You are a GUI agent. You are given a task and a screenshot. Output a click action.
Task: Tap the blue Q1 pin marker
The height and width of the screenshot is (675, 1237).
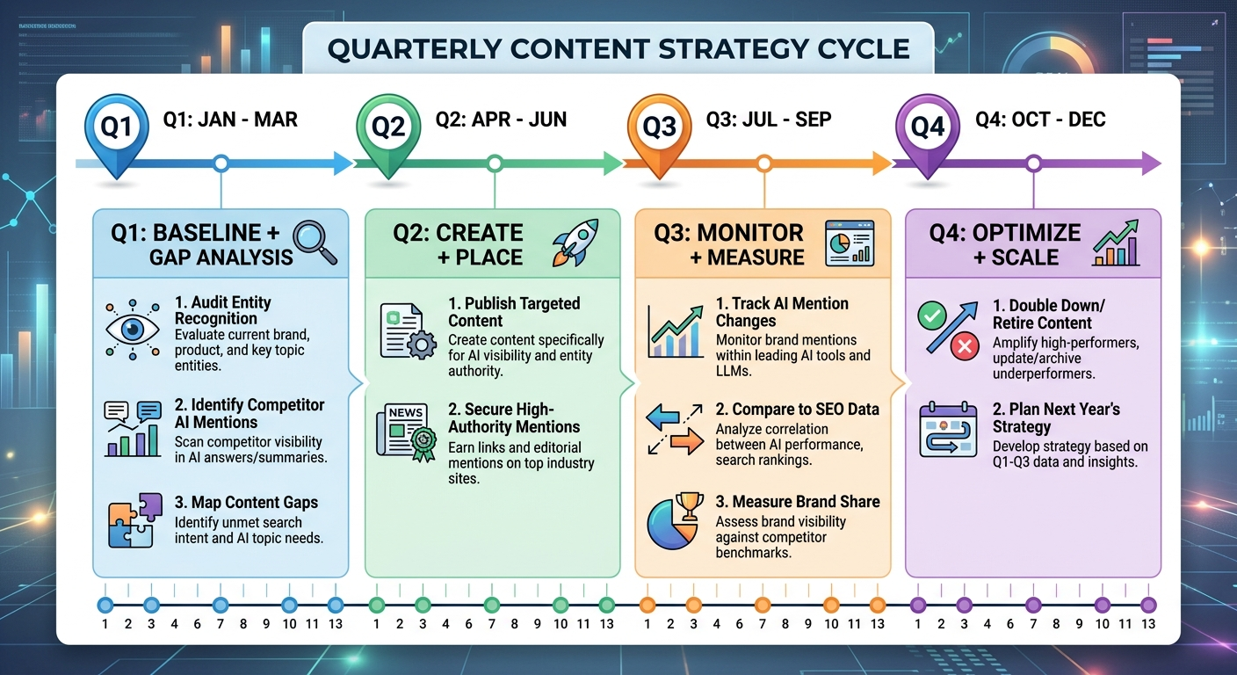pos(116,128)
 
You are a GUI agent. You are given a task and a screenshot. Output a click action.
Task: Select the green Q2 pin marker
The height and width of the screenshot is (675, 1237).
pos(387,128)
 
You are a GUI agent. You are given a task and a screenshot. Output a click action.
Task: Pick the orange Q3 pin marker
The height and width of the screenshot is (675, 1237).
pos(658,128)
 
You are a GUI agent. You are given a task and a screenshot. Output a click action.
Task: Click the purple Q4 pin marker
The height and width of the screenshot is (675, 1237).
pos(927,128)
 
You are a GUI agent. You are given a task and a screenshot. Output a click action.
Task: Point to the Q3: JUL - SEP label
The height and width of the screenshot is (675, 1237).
pos(769,119)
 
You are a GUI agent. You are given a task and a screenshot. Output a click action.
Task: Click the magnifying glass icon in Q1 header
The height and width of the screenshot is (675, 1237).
pos(315,243)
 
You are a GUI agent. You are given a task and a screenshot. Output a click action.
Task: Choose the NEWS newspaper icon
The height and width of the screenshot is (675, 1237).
pos(405,430)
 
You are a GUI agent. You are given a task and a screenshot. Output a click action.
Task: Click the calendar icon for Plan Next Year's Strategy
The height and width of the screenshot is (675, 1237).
pos(947,431)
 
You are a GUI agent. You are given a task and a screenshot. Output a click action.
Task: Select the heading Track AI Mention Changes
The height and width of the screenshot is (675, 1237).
pos(782,312)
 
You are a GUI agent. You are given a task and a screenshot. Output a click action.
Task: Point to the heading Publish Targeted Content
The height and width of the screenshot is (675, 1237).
pos(514,312)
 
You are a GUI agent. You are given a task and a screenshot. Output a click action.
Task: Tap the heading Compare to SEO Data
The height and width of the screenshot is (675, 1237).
pos(797,409)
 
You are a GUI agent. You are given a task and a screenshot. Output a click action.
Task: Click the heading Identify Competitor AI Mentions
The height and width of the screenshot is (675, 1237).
pos(250,413)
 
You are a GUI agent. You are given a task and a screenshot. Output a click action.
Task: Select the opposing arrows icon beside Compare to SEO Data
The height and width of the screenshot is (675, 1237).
pos(674,430)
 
